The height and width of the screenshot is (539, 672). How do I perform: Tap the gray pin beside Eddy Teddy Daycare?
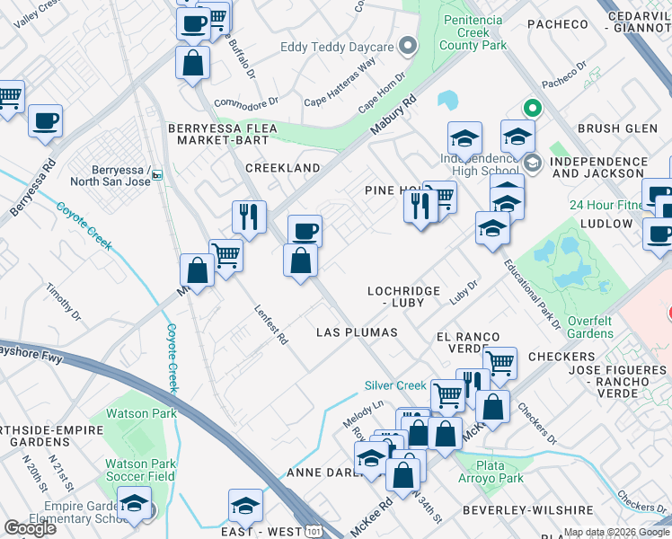(x=408, y=46)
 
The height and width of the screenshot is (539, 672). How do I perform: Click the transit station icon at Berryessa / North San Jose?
(x=156, y=175)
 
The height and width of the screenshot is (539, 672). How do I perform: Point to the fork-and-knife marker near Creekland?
(x=249, y=216)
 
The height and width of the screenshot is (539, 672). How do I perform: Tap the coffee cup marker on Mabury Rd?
(x=305, y=231)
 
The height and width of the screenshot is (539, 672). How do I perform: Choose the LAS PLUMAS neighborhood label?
(x=357, y=332)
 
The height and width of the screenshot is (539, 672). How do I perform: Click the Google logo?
(x=30, y=528)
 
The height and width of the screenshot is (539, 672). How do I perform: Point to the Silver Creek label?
(x=394, y=385)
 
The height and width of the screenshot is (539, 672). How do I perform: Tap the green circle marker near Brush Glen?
(x=532, y=110)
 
